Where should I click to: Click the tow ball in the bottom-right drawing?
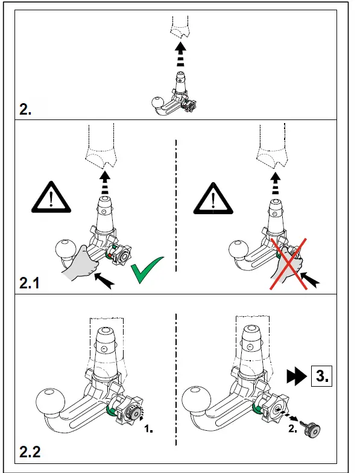tap(200, 402)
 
